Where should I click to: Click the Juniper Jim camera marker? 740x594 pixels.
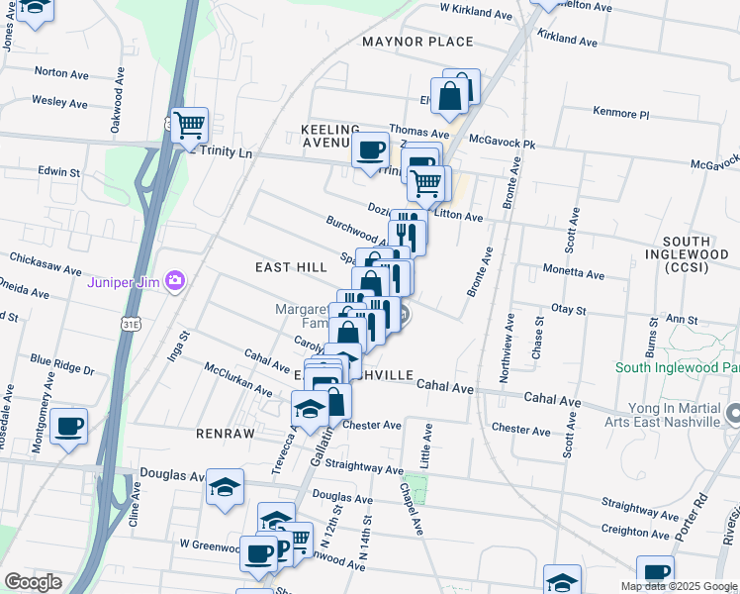pyautogui.click(x=175, y=281)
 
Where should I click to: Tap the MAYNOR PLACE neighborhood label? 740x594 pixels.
pyautogui.click(x=417, y=42)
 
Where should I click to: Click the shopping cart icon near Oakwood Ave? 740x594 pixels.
pyautogui.click(x=188, y=125)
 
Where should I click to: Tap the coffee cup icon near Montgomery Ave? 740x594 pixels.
pyautogui.click(x=68, y=427)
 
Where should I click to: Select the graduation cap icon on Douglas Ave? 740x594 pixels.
pyautogui.click(x=226, y=487)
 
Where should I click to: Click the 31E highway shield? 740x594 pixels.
pyautogui.click(x=131, y=323)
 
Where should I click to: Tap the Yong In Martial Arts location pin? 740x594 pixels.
pyautogui.click(x=732, y=410)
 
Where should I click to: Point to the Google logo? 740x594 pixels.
pyautogui.click(x=33, y=582)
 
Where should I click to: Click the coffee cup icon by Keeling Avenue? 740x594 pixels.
pyautogui.click(x=370, y=150)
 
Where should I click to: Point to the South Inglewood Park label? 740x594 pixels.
pyautogui.click(x=677, y=367)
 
